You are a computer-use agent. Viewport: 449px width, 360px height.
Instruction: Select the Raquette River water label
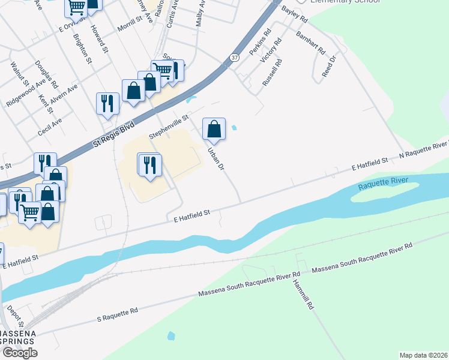(383, 182)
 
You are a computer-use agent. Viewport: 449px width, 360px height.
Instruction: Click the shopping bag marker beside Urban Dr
(214, 128)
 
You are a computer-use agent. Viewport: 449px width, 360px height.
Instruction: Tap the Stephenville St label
(169, 126)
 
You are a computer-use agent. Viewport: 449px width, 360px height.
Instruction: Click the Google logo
(19, 353)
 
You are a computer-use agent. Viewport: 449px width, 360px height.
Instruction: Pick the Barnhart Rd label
(310, 42)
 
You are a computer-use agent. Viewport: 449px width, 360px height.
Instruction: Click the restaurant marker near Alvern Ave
(107, 103)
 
